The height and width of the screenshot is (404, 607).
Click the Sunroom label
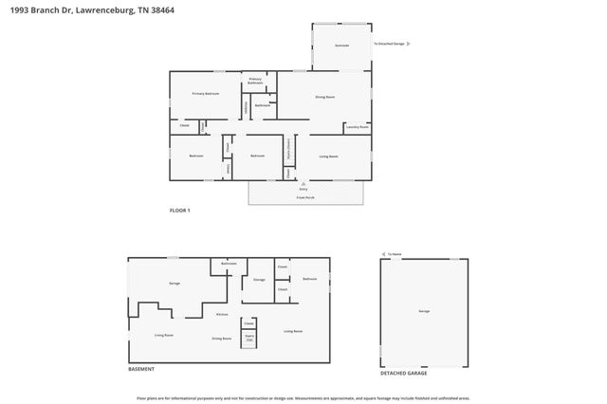tap(341, 45)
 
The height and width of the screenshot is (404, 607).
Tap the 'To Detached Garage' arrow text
tap(390, 44)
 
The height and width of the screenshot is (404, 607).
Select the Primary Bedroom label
tap(206, 94)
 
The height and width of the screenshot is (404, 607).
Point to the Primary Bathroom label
tap(256, 82)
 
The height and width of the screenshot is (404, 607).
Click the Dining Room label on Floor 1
tap(324, 97)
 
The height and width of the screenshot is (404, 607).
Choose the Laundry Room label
tap(358, 126)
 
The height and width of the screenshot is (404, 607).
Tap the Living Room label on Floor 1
tap(329, 156)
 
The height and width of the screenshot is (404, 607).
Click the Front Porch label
tap(303, 197)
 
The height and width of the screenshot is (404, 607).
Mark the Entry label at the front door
tap(303, 189)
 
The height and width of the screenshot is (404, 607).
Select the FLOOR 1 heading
tap(180, 210)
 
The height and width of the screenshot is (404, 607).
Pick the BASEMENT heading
tap(141, 369)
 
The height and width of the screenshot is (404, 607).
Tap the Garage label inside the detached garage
tap(423, 311)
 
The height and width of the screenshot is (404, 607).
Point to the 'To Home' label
tap(395, 254)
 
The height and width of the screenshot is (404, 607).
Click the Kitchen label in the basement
tap(222, 314)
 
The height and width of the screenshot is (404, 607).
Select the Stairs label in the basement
tap(249, 337)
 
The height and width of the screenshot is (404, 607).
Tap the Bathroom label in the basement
tap(229, 264)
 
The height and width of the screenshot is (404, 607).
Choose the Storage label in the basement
tap(259, 280)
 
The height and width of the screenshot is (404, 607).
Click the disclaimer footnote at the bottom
tap(303, 398)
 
